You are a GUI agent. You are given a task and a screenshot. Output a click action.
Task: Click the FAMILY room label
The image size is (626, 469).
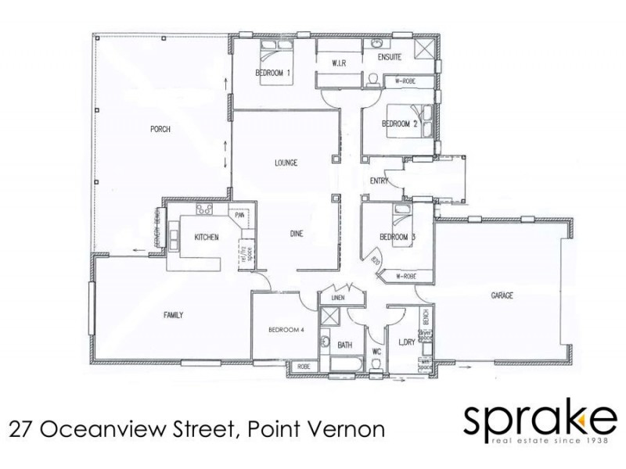(173, 315)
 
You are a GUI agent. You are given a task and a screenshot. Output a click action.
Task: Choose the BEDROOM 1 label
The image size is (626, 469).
(273, 73)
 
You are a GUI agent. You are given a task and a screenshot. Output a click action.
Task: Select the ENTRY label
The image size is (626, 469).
(380, 181)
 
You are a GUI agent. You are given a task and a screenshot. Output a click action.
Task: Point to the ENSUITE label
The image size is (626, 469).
(389, 57)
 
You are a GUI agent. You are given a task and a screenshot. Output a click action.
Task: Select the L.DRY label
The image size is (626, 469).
(405, 343)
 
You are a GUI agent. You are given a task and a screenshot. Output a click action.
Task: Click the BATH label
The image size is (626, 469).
(343, 344)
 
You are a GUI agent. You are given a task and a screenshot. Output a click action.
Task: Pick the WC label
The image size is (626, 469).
(376, 352)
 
